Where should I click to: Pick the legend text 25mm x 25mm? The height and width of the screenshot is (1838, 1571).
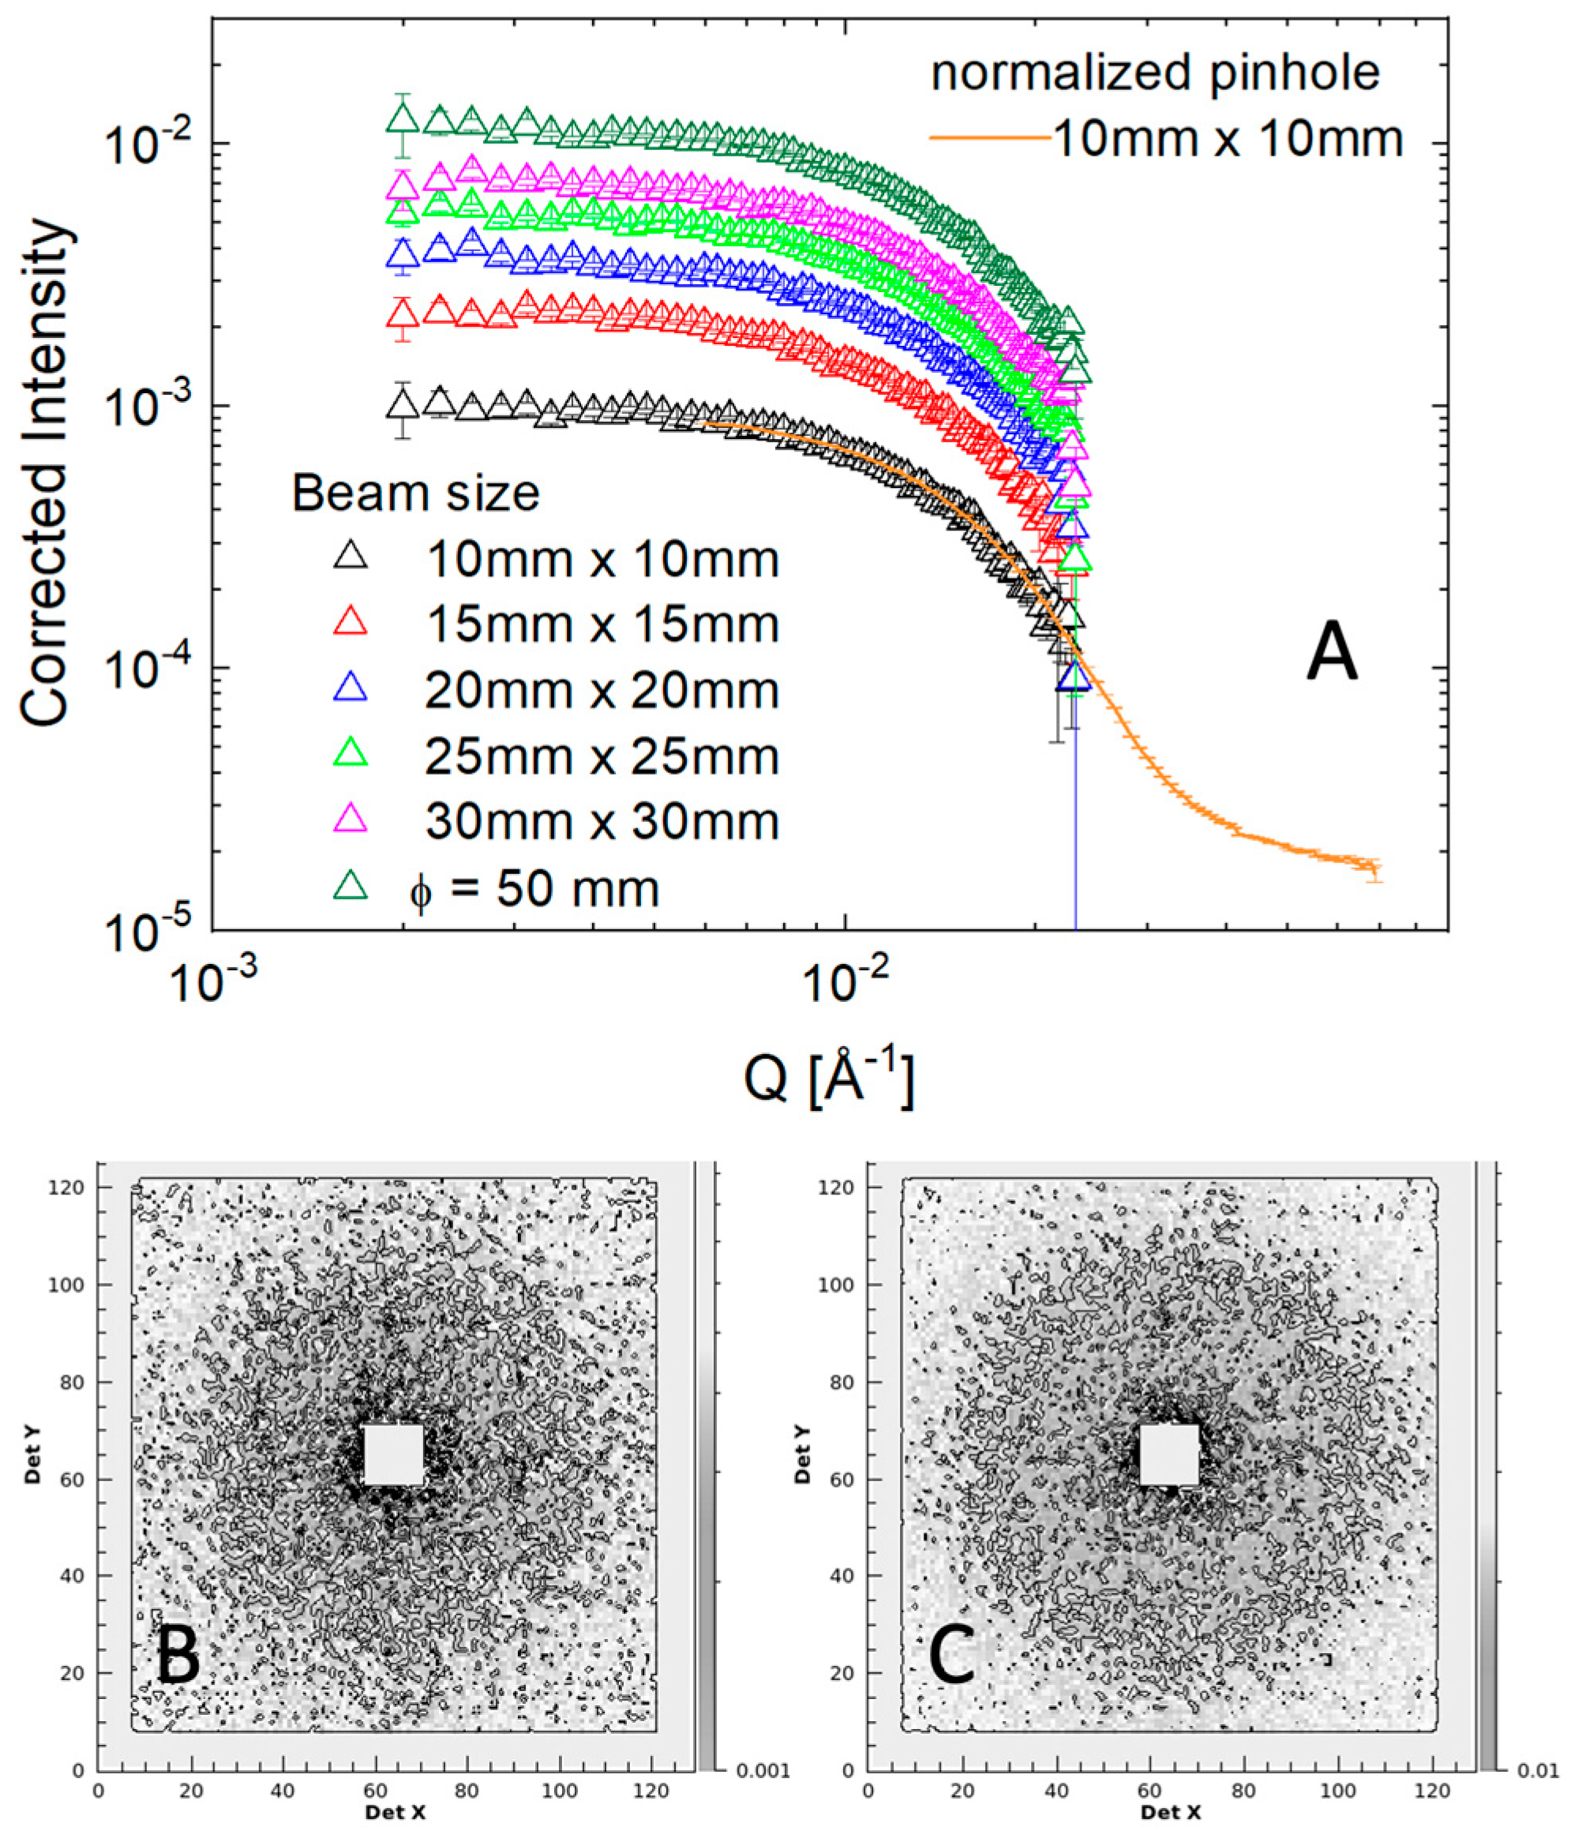tap(602, 756)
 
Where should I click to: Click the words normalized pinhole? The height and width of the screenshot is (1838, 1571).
tap(1154, 73)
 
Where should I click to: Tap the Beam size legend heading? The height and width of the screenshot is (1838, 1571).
tap(415, 493)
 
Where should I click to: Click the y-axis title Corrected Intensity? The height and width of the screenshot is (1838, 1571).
tap(44, 475)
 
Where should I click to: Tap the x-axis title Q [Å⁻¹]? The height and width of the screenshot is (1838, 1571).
tap(828, 1076)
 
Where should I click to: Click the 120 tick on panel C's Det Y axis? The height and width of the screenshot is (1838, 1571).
tap(842, 1187)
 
